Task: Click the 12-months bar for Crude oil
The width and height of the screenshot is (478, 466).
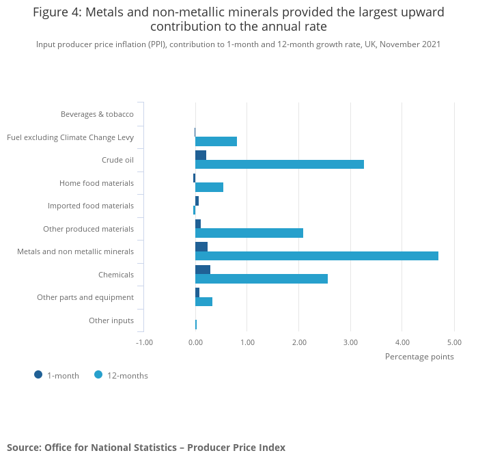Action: click(x=279, y=164)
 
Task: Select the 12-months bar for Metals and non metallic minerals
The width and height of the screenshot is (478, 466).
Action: click(x=316, y=256)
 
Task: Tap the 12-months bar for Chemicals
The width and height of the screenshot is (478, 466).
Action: click(x=261, y=279)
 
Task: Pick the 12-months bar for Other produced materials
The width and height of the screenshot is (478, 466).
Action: click(x=249, y=233)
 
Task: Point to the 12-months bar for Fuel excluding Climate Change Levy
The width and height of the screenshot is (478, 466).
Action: click(x=216, y=141)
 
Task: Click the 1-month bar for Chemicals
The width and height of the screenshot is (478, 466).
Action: click(x=203, y=269)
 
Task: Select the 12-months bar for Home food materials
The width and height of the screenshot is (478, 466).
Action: click(x=209, y=187)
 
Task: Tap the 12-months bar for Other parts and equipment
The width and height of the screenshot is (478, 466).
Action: click(x=203, y=301)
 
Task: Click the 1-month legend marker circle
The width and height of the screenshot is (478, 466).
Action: click(x=38, y=374)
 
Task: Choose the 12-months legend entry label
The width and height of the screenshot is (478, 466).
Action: click(x=127, y=375)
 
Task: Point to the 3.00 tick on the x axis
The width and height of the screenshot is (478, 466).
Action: click(x=350, y=342)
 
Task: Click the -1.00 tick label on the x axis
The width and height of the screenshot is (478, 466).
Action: click(x=144, y=342)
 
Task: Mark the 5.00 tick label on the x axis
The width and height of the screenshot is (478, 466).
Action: click(x=453, y=342)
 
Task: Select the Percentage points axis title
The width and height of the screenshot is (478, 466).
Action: click(x=419, y=356)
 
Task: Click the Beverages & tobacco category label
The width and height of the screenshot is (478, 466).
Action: click(x=97, y=114)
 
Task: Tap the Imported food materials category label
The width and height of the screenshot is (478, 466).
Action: click(x=90, y=206)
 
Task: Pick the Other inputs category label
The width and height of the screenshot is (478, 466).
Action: click(x=111, y=320)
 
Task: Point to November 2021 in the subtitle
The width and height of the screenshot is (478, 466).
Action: click(x=410, y=44)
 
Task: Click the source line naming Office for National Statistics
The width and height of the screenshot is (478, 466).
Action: click(x=146, y=448)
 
